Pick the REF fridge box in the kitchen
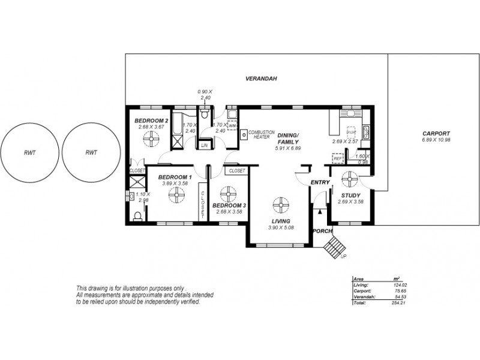pyautogui.click(x=337, y=158)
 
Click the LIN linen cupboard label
pyautogui.click(x=205, y=145)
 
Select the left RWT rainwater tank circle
pyautogui.click(x=28, y=152)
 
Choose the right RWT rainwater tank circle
pyautogui.click(x=92, y=152)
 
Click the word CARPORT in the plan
pyautogui.click(x=436, y=134)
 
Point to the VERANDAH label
pyautogui.click(x=260, y=79)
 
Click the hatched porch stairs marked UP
pyautogui.click(x=332, y=246)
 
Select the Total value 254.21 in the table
pyautogui.click(x=394, y=303)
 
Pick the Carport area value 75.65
pyautogui.click(x=394, y=292)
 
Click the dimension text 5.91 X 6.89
pyautogui.click(x=287, y=148)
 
